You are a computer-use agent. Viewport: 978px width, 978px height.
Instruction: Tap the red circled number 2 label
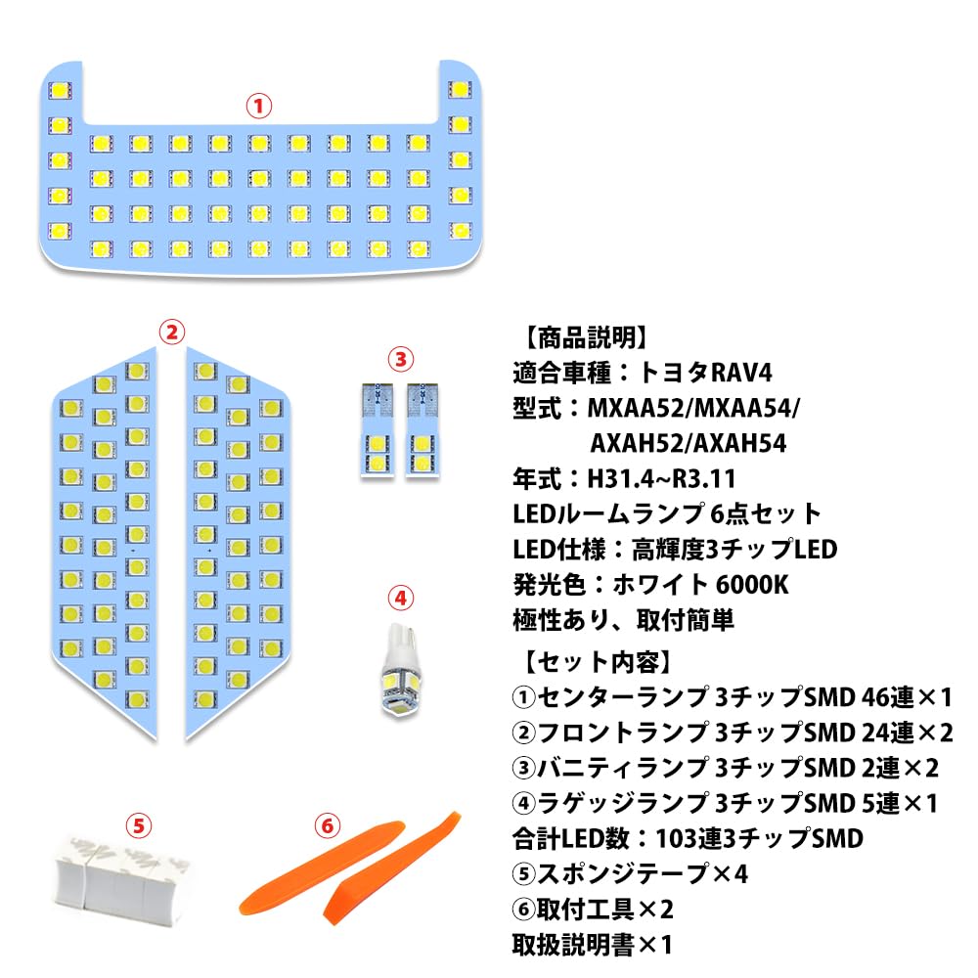(x=172, y=332)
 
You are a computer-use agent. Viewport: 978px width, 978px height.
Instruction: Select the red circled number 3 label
(x=399, y=359)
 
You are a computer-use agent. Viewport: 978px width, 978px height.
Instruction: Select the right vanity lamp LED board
(x=422, y=429)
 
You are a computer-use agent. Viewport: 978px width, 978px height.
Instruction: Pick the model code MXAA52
(x=639, y=407)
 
